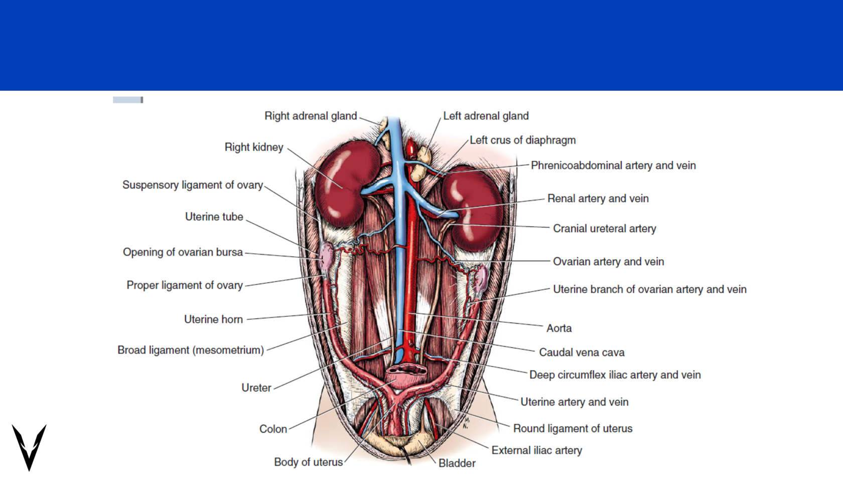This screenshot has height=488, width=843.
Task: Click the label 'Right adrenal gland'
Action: pyautogui.click(x=311, y=116)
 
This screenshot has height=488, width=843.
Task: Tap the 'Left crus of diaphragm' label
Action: pyautogui.click(x=522, y=140)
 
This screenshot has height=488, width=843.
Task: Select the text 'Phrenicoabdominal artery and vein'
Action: pyautogui.click(x=613, y=166)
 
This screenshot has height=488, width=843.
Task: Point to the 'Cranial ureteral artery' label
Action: pyautogui.click(x=604, y=228)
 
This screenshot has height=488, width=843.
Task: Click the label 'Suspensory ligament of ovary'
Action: pyautogui.click(x=193, y=185)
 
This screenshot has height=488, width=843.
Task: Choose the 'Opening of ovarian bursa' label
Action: pyautogui.click(x=183, y=252)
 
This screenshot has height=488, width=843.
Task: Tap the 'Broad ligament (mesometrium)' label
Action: pyautogui.click(x=191, y=350)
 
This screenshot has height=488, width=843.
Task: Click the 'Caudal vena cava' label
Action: pyautogui.click(x=582, y=352)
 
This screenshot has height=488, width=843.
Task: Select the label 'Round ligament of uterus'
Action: pyautogui.click(x=573, y=428)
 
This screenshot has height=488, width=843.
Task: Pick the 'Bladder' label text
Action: pyautogui.click(x=457, y=463)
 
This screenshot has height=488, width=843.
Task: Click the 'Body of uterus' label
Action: pyautogui.click(x=308, y=462)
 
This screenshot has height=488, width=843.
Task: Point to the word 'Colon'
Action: pyautogui.click(x=273, y=429)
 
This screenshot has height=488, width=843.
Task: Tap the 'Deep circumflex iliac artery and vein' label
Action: pyautogui.click(x=615, y=375)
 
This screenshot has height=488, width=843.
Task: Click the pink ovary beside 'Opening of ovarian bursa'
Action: pyautogui.click(x=327, y=256)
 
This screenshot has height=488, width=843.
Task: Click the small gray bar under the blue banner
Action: pyautogui.click(x=128, y=100)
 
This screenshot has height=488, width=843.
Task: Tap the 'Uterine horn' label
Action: pyautogui.click(x=213, y=319)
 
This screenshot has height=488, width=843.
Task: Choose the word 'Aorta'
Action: pyautogui.click(x=559, y=328)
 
